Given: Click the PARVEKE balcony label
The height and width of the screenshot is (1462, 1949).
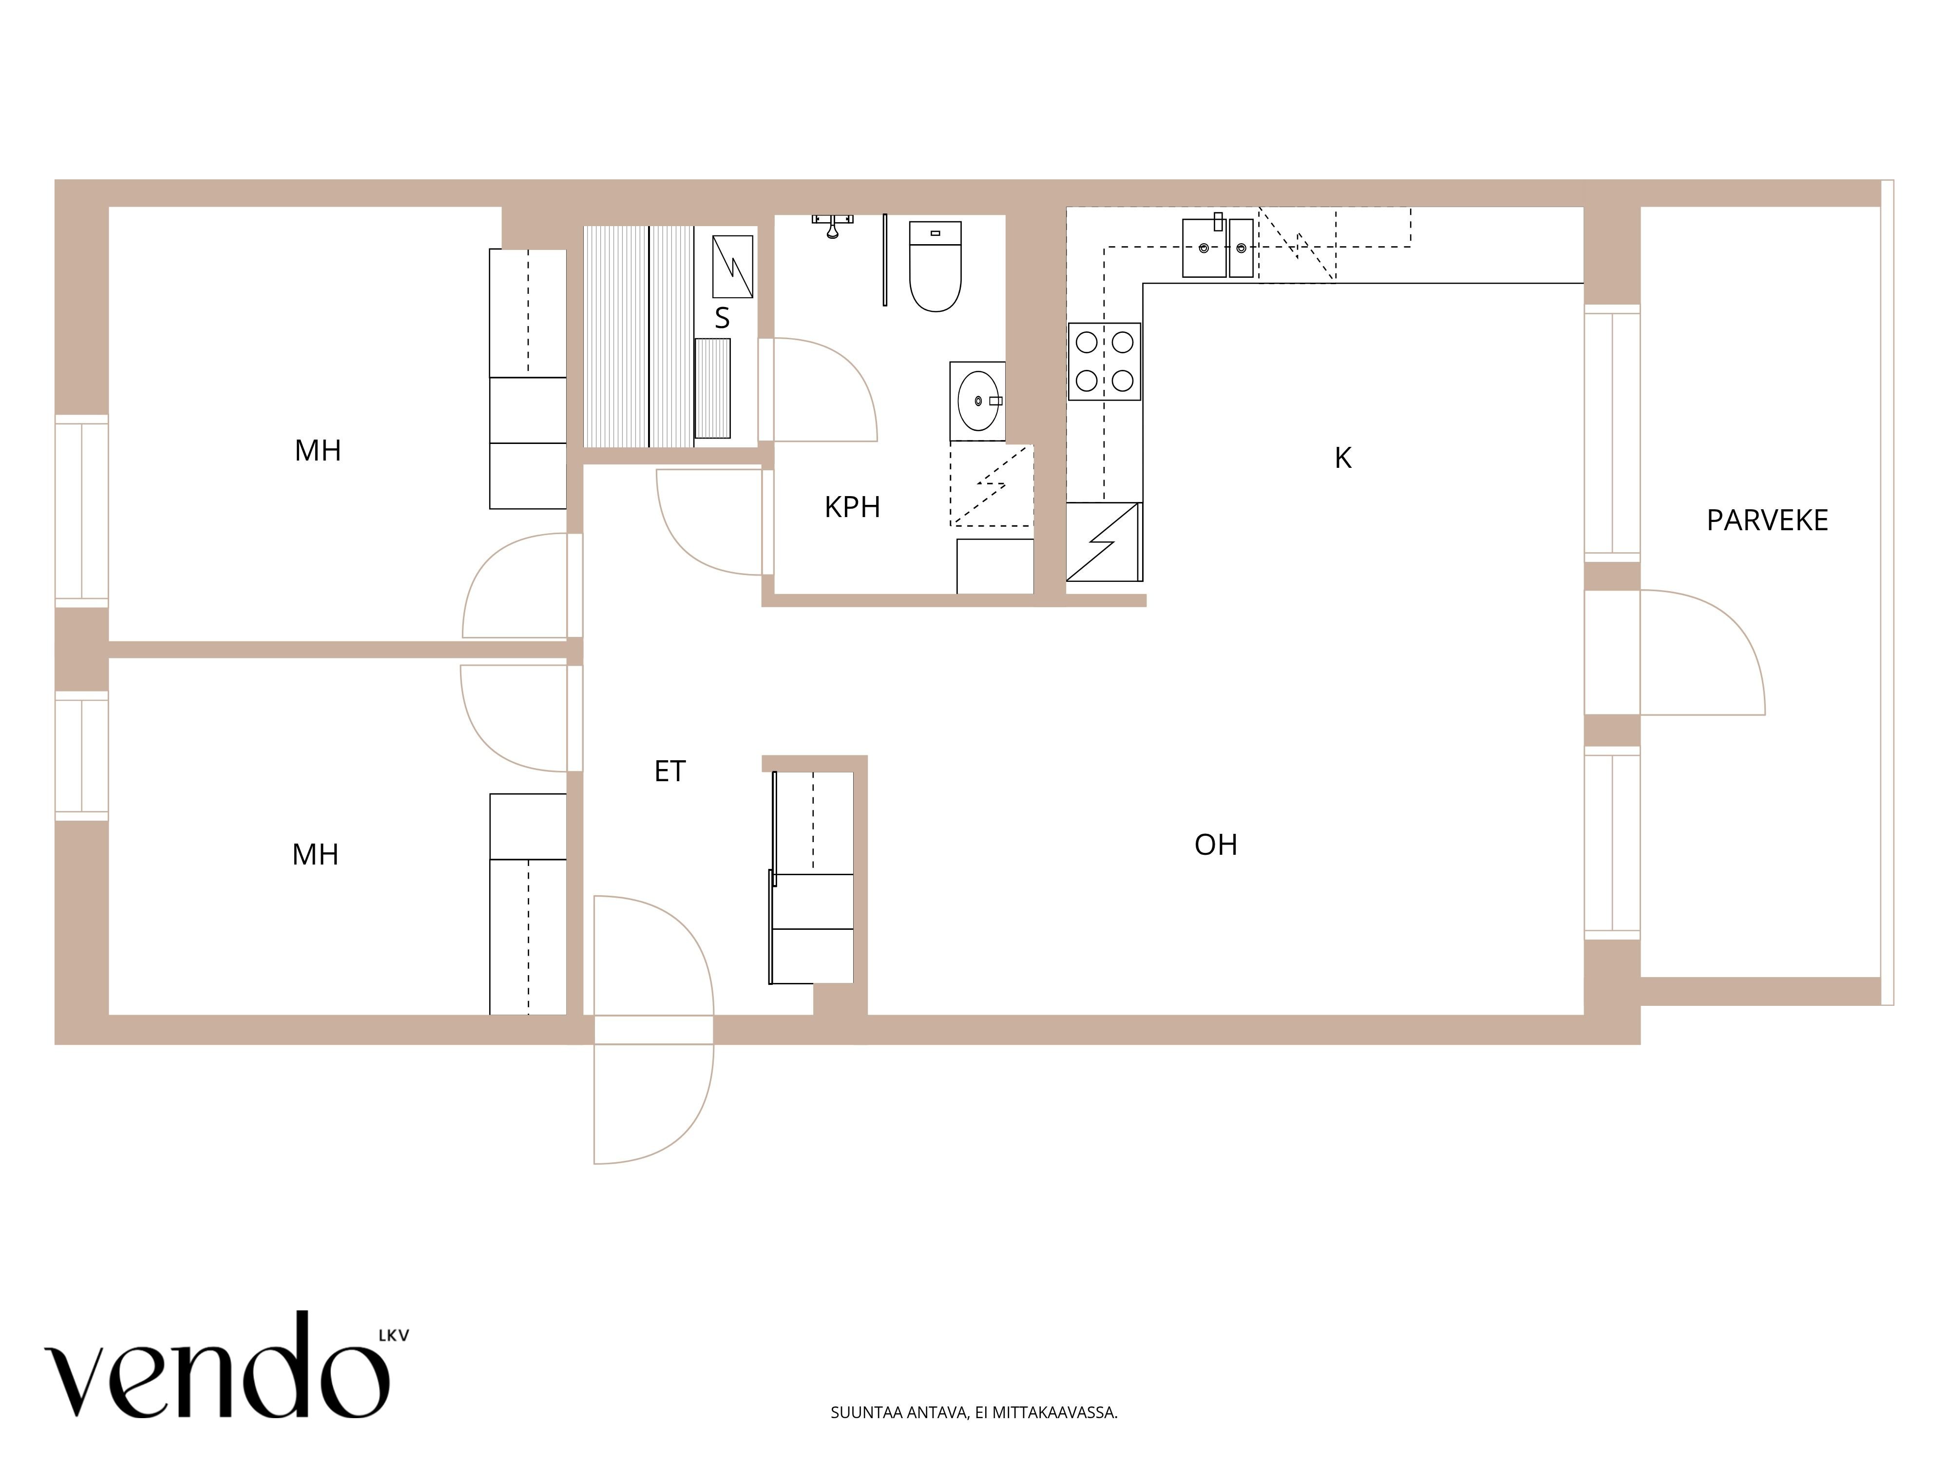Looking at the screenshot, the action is tap(1767, 521).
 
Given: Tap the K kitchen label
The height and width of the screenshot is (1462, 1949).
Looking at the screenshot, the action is tap(1343, 458).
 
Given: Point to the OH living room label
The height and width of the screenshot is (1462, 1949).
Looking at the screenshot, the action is tap(1216, 845).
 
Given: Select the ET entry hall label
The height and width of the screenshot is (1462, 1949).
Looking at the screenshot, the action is tap(669, 772).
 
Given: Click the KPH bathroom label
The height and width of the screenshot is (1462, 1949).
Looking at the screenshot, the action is tap(852, 508).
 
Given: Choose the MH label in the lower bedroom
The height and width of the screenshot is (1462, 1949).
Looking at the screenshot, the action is tap(315, 855).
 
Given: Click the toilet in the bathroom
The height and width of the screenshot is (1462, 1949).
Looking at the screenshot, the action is tap(935, 266).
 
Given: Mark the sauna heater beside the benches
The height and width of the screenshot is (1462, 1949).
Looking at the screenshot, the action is tap(732, 266).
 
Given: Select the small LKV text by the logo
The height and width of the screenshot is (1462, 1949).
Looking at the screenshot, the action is tap(393, 1335).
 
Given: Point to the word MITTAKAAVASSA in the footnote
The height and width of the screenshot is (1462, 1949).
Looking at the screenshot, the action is tap(1055, 1413).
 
